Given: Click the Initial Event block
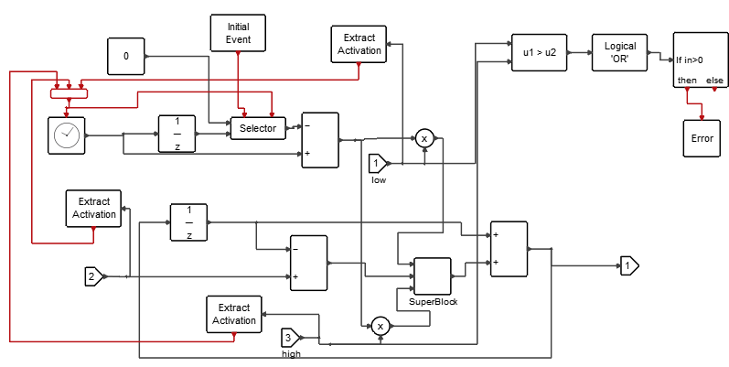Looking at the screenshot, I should coord(238,33).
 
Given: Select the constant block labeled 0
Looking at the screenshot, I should coord(126,57).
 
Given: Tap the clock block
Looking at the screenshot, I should coord(66,135).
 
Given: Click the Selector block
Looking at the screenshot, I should coord(258,128).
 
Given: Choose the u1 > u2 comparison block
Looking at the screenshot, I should coord(539,53).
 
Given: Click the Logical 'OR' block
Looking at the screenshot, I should coord(620,52).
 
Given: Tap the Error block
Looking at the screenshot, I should coord(702,138).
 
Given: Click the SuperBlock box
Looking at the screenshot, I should coord(433,275).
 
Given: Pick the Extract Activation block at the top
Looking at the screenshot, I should coord(359,44).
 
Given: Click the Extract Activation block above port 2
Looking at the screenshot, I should coord(93,208).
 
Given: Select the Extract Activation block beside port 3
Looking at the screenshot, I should coord(234,314).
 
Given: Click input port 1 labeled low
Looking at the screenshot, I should coord(379,164).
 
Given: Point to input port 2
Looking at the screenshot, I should coord(94,275).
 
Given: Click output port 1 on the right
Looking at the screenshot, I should coord(628,265).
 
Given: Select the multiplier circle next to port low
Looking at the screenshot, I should coord(424,139).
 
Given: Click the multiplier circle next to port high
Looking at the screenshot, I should coord(380,326).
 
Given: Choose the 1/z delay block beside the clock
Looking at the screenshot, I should coord(177,135).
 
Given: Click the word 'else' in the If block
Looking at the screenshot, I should coord(714,81).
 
